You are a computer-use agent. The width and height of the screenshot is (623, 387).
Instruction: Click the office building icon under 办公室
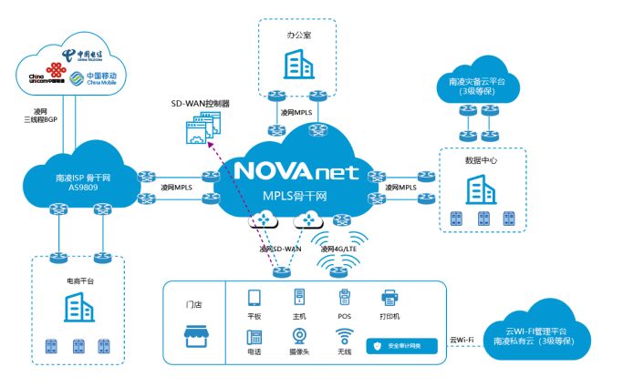point(297,64)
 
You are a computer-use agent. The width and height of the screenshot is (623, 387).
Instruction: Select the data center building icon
point(482,190)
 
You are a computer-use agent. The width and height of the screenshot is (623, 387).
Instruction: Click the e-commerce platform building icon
point(78,309)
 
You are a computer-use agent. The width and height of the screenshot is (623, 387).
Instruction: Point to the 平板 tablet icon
point(254,298)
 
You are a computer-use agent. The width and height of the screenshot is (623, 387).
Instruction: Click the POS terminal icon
point(344,298)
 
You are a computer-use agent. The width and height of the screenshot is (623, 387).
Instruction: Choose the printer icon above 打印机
point(389,298)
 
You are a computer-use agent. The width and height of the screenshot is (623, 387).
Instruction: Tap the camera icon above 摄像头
point(298,334)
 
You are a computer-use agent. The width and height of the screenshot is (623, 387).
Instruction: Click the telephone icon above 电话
point(254,334)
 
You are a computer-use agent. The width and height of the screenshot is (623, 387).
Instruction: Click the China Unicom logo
point(41,78)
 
